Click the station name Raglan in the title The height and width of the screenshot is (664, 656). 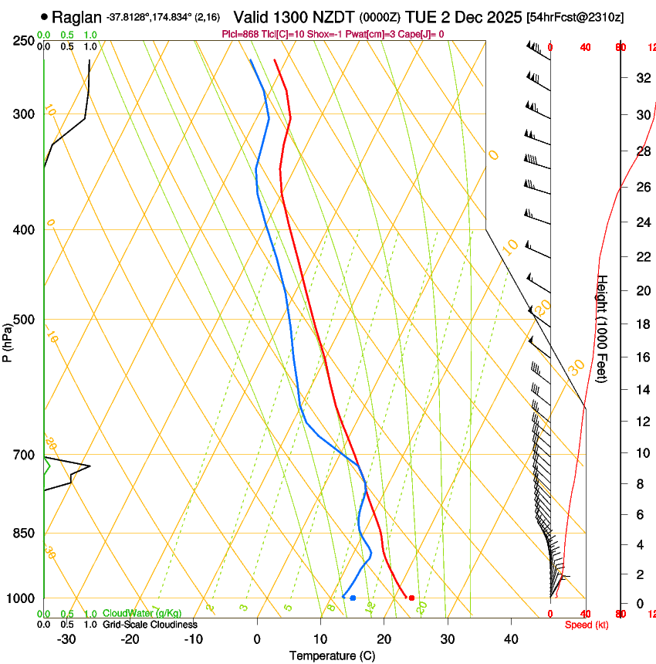pyautogui.click(x=76, y=17)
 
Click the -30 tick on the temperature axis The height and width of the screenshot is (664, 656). pyautogui.click(x=66, y=639)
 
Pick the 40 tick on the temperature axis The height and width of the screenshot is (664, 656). pyautogui.click(x=510, y=639)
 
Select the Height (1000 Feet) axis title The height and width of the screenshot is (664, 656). pyautogui.click(x=603, y=329)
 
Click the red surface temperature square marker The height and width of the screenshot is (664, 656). pyautogui.click(x=411, y=598)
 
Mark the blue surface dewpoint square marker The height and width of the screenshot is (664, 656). pyautogui.click(x=353, y=598)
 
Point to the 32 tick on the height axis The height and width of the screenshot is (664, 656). pyautogui.click(x=641, y=78)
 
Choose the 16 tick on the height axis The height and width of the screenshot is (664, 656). pyautogui.click(x=641, y=357)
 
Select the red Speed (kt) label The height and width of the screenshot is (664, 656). pyautogui.click(x=586, y=625)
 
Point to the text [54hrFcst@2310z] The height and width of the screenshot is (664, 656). pyautogui.click(x=575, y=17)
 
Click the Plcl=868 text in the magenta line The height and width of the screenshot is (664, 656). pyautogui.click(x=241, y=34)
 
